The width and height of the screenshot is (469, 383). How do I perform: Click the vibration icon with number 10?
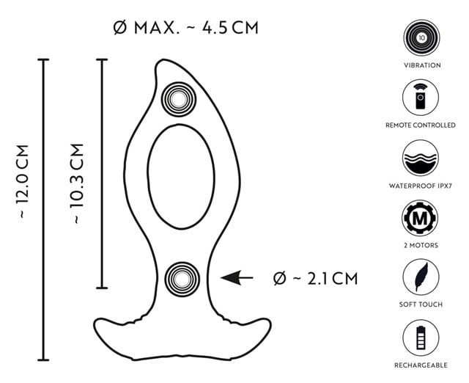(421, 36)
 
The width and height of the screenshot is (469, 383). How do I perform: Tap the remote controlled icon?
(421, 97)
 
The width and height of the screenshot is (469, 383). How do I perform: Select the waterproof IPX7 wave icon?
(421, 158)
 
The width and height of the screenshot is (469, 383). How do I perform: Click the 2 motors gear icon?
(421, 218)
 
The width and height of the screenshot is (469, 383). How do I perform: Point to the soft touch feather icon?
(421, 277)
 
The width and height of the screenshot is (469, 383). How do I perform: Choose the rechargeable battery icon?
(421, 338)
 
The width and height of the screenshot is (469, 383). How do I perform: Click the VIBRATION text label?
(421, 65)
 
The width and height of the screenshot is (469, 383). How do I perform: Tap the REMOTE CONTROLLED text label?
(421, 125)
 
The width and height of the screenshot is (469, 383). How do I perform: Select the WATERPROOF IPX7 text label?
(421, 186)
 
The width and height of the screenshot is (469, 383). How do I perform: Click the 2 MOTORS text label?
(421, 245)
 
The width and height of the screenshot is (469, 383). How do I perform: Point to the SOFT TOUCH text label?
(421, 305)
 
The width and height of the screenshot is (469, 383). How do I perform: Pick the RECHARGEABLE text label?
(421, 365)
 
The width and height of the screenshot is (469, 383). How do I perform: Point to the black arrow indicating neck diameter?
(236, 278)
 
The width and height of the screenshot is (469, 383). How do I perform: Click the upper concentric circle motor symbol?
(176, 97)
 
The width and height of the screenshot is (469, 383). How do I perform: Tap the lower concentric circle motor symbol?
(180, 277)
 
